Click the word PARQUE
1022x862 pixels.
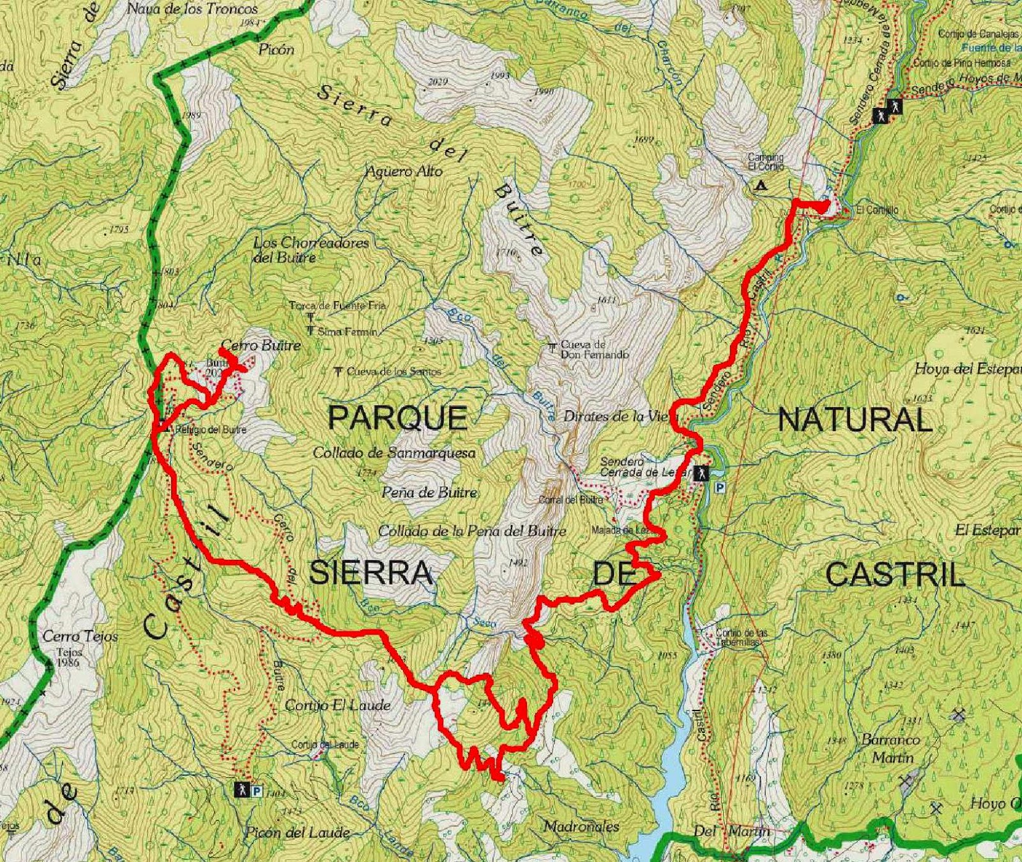pyautogui.click(x=397, y=419)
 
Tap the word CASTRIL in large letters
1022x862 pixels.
pyautogui.click(x=894, y=576)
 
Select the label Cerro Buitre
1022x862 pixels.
pyautogui.click(x=260, y=346)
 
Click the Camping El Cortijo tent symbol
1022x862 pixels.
pyautogui.click(x=760, y=187)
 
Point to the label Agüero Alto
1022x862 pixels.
pyautogui.click(x=404, y=171)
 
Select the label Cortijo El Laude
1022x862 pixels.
pyautogui.click(x=338, y=705)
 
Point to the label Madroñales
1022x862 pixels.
pyautogui.click(x=581, y=826)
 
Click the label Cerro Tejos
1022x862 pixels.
pyautogui.click(x=80, y=636)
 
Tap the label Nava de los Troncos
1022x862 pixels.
pyautogui.click(x=192, y=9)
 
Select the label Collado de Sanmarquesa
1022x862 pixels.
pyautogui.click(x=394, y=453)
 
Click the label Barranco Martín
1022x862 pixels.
pyautogui.click(x=891, y=748)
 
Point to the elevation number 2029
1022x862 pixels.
pyautogui.click(x=438, y=82)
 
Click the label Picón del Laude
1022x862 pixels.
pyautogui.click(x=297, y=833)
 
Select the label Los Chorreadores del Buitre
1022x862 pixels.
pyautogui.click(x=311, y=250)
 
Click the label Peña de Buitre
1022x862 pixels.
pyautogui.click(x=429, y=492)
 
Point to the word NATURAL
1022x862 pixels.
pyautogui.click(x=855, y=420)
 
